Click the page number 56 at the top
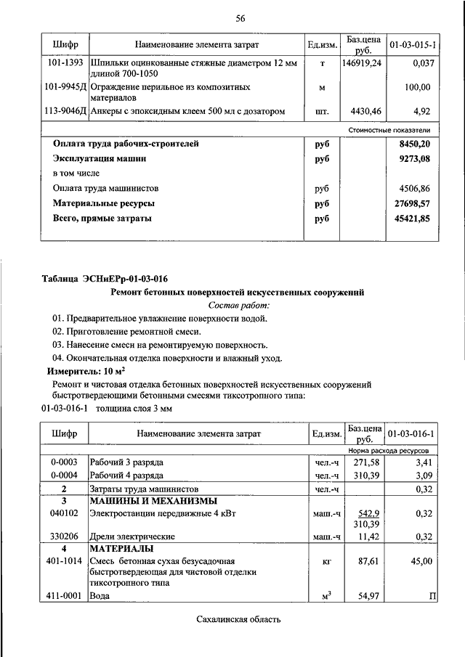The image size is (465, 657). point(240,18)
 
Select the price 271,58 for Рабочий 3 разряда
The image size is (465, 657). point(366,462)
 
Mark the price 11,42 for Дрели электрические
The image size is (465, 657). point(368,536)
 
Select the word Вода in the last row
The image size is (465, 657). point(100,596)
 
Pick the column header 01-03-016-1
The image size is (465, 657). point(412,433)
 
